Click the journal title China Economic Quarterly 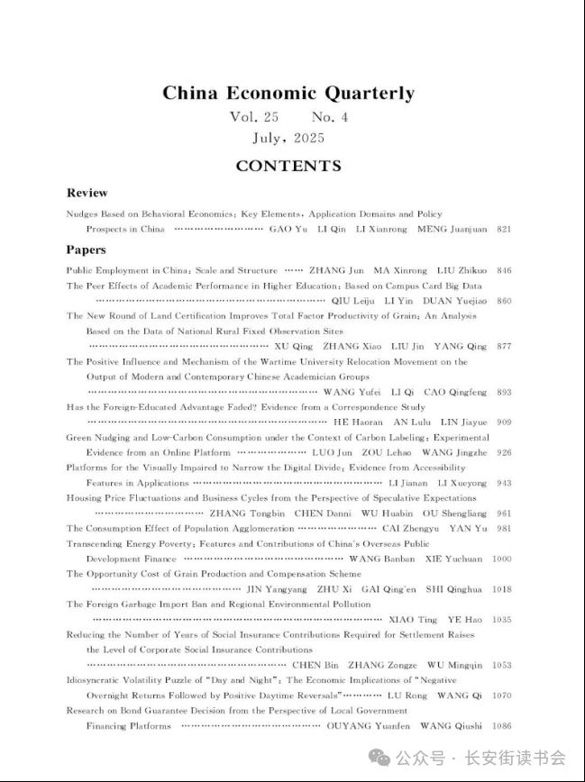(x=288, y=93)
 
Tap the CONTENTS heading (x=288, y=166)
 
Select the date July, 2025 (x=288, y=138)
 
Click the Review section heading (x=87, y=193)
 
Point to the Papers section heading (x=86, y=250)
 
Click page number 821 (x=504, y=230)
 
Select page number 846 (x=504, y=270)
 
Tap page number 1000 (x=501, y=559)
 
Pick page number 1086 (x=501, y=725)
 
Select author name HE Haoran (x=354, y=422)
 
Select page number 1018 (x=501, y=589)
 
